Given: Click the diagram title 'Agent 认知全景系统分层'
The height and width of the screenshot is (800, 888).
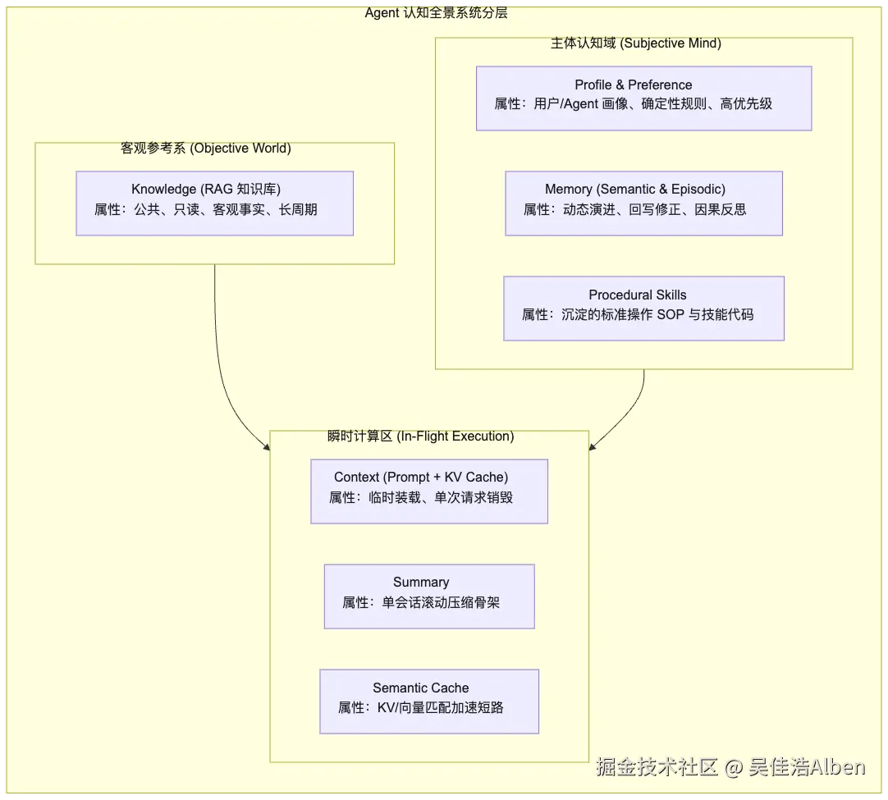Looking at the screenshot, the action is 436,13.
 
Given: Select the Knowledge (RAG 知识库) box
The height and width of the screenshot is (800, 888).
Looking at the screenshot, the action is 215,203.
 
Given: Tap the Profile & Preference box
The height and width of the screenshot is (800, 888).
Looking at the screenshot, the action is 644,98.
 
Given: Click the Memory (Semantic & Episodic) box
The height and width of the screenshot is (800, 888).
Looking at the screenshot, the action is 644,203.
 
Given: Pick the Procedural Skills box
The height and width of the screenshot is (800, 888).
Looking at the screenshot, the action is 644,309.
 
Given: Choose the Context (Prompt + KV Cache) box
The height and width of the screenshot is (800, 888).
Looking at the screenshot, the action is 429,491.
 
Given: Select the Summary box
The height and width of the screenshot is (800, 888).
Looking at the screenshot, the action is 429,597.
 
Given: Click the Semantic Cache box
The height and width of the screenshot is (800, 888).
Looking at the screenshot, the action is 429,702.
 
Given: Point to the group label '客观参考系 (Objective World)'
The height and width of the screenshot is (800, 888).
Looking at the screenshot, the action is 205,149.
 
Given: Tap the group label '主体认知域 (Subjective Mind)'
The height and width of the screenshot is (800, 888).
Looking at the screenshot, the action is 636,43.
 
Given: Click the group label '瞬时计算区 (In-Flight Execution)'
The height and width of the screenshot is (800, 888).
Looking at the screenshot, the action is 421,437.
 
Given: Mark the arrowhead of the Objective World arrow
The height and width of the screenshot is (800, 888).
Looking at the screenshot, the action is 268,448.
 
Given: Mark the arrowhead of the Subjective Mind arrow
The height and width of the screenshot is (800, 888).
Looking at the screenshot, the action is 592,447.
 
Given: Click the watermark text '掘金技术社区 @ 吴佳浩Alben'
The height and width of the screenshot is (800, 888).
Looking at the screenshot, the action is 730,767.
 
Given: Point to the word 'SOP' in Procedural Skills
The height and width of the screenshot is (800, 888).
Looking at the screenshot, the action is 671,315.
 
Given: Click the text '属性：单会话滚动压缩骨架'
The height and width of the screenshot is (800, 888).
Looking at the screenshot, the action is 421,603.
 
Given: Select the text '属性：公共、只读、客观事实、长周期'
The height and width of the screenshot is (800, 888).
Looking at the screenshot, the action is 205,210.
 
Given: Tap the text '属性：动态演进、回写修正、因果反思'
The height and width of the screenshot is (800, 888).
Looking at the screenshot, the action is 635,210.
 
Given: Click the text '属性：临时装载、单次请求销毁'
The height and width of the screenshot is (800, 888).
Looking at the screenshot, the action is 421,498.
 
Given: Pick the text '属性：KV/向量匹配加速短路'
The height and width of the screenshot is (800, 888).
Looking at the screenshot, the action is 421,708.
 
